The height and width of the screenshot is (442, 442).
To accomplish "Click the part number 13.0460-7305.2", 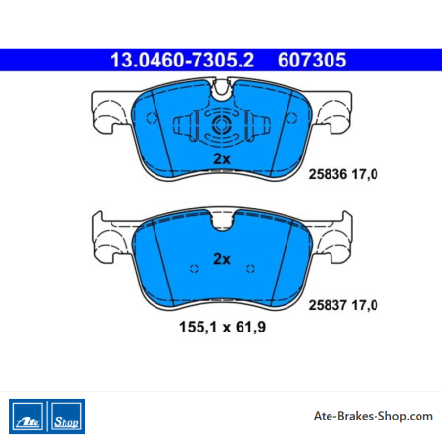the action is [182, 61].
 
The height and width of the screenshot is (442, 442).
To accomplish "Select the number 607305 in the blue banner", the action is [312, 61].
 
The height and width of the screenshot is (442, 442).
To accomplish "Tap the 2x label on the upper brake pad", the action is [222, 159].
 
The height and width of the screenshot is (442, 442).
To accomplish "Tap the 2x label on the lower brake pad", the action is [222, 259].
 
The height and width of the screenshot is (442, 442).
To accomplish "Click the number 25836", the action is [328, 174].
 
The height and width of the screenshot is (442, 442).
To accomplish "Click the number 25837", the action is [328, 305].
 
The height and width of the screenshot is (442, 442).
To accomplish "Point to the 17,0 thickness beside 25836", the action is [365, 174].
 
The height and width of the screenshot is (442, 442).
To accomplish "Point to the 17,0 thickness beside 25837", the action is [365, 305].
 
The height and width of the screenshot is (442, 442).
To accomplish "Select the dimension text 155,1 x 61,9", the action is [223, 327].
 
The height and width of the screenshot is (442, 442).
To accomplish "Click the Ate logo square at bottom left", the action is [27, 417].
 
